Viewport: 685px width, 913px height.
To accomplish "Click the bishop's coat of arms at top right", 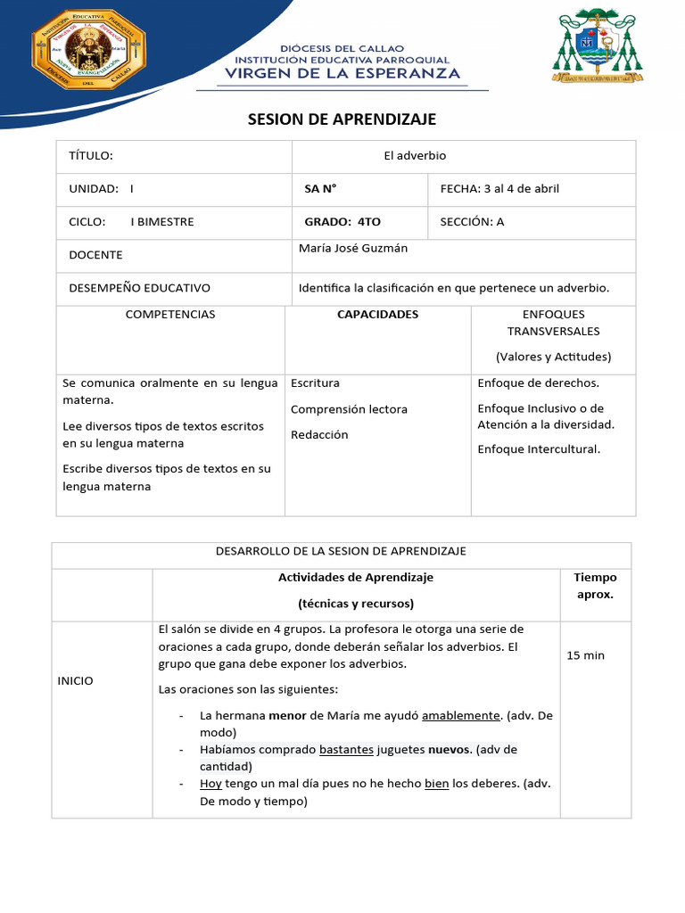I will (596, 46).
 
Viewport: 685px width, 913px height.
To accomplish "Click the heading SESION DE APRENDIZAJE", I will (342, 119).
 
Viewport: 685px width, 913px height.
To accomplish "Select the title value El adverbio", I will (415, 156).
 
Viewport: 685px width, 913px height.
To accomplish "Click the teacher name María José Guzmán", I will (353, 249).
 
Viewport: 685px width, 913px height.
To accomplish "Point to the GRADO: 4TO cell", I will (342, 222).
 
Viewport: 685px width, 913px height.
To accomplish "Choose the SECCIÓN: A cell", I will (472, 222).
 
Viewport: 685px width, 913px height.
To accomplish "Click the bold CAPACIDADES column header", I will (377, 315).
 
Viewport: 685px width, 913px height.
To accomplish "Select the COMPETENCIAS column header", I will (170, 315).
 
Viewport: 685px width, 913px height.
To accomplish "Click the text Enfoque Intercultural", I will (539, 449).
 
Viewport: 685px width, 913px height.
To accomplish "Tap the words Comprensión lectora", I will (349, 409).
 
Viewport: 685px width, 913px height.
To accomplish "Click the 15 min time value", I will (585, 655).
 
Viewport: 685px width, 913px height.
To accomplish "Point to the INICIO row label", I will (75, 681).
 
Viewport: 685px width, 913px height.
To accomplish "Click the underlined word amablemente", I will (461, 716).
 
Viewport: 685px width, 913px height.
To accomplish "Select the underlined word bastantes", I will (346, 750).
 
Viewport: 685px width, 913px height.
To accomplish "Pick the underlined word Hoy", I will (210, 784).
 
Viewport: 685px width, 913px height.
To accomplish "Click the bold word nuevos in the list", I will (449, 750).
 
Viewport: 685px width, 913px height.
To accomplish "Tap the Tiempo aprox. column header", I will (595, 586).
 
